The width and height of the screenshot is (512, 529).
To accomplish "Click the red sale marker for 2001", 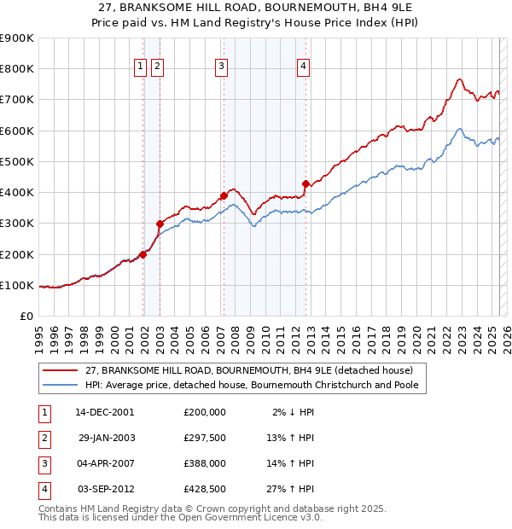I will click(x=143, y=253).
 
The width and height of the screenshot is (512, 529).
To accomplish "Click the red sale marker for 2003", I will click(x=160, y=224).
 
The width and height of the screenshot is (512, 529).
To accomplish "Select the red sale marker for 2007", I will click(x=224, y=195).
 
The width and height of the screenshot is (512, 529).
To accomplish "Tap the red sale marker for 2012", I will click(x=305, y=183).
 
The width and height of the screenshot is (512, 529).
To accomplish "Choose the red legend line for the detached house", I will click(x=61, y=370).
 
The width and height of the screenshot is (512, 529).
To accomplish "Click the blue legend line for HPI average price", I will click(x=61, y=385).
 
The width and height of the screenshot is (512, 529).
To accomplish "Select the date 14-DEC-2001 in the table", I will click(x=105, y=411).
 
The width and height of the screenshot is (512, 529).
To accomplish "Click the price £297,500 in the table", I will click(x=205, y=438).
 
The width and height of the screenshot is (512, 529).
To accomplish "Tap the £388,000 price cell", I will click(x=205, y=464).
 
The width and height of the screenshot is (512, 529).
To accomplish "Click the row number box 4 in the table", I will click(x=44, y=490).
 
